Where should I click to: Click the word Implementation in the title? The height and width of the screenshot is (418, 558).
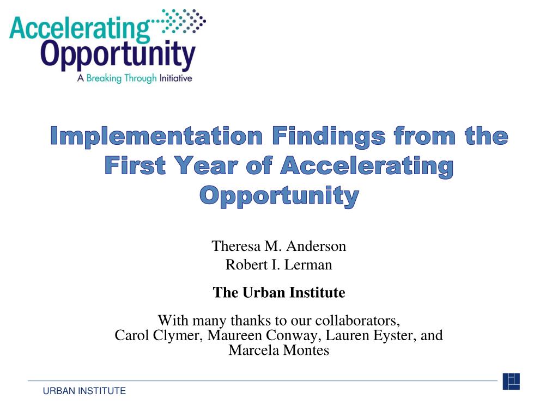tap(156, 137)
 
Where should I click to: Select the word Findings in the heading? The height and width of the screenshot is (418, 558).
tap(329, 137)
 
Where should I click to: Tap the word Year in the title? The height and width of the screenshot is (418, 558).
tap(207, 165)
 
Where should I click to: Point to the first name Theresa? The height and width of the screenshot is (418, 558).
tap(236, 246)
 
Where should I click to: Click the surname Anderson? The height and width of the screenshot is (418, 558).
tap(316, 246)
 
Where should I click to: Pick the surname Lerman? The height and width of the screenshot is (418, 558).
tap(308, 265)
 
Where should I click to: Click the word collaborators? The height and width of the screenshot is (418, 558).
tap(357, 321)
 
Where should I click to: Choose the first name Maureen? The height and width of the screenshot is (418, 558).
tap(234, 335)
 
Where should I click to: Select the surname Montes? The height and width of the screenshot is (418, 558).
tap(306, 351)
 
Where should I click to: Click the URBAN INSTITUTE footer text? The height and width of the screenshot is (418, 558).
tap(84, 391)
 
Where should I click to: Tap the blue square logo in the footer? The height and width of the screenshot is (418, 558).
tap(511, 382)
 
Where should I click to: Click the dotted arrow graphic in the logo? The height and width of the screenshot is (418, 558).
tap(180, 21)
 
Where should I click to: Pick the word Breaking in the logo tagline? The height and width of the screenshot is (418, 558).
tap(104, 78)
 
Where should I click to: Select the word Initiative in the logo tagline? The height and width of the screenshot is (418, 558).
tap(176, 78)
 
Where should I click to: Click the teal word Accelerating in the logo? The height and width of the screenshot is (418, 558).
tap(80, 28)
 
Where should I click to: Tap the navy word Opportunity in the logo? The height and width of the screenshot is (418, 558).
tap(118, 56)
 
